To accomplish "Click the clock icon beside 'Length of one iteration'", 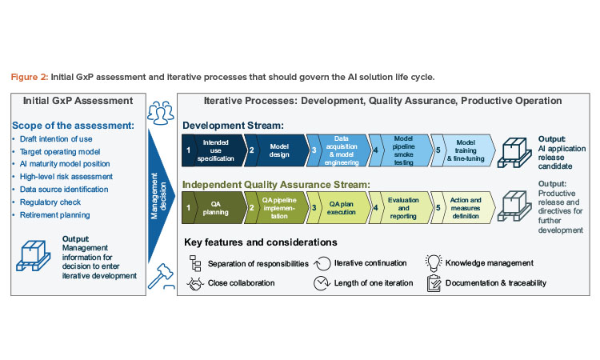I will pos(322,282).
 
